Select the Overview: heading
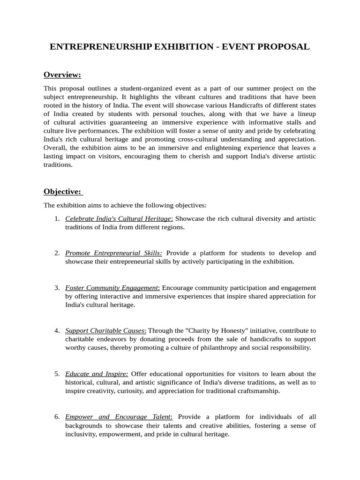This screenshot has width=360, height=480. click(62, 75)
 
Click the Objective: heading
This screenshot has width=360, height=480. click(62, 191)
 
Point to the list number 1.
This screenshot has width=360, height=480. click(57, 219)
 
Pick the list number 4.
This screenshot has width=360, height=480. click(57, 330)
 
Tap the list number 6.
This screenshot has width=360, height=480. click(57, 417)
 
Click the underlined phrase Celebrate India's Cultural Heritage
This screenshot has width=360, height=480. click(119, 219)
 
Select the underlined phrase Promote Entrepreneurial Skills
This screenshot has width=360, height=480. click(113, 253)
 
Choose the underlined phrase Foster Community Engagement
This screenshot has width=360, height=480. click(112, 287)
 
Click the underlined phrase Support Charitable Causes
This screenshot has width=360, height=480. click(105, 330)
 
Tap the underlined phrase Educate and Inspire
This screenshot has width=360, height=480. click(96, 374)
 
